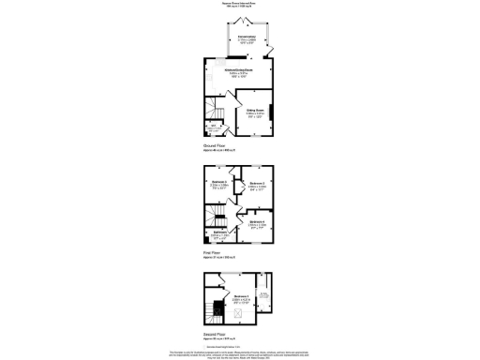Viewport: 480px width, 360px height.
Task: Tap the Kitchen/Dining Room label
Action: [237, 72]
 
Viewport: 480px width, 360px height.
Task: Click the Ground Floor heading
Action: [217, 145]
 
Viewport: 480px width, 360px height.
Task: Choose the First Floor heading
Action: [215, 252]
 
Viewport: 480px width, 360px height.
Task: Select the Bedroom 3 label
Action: [220, 183]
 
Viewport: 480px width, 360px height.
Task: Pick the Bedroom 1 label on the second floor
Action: [241, 297]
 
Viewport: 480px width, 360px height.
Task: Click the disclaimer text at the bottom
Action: [240, 352]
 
